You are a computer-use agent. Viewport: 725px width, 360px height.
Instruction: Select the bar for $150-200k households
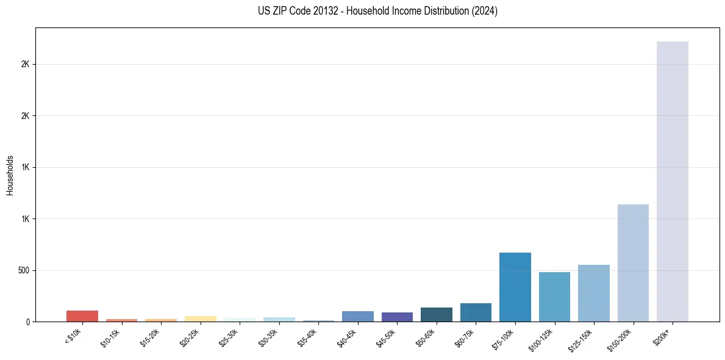(x=633, y=263)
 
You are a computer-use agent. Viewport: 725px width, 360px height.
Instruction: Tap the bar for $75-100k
(x=515, y=287)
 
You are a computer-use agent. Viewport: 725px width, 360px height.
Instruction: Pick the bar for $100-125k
(x=554, y=297)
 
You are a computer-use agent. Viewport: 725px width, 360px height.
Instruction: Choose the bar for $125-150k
(x=593, y=293)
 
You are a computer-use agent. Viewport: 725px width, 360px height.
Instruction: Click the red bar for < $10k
(x=82, y=316)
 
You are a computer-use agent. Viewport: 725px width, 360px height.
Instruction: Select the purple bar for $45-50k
(x=397, y=317)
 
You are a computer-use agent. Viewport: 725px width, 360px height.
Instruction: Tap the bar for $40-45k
(x=357, y=316)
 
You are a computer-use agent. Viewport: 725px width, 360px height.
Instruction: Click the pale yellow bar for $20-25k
(x=200, y=319)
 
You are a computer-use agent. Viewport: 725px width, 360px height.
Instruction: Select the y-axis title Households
(x=10, y=175)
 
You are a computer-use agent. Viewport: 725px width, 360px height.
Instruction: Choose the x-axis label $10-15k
(x=111, y=337)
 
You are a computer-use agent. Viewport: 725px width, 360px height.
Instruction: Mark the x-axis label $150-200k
(x=621, y=339)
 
